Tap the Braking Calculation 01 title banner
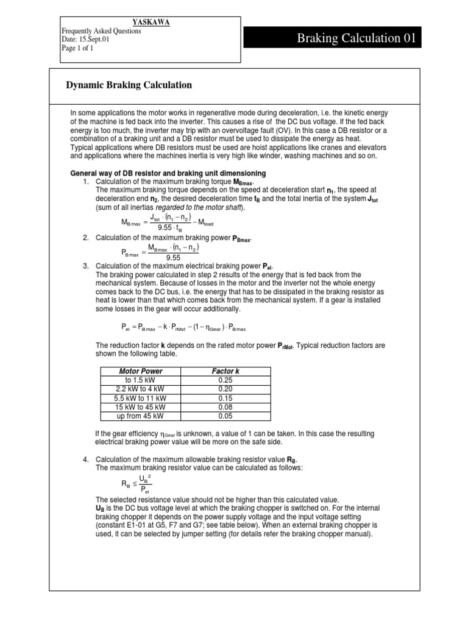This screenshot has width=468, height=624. point(356,39)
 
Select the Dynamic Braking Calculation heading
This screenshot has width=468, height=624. point(129,85)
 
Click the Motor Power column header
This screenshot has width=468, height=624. point(140,371)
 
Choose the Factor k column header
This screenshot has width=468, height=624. point(227,371)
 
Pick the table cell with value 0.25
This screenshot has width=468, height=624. point(227,380)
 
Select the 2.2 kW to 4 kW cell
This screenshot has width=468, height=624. point(140,389)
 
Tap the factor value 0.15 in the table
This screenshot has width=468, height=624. point(227,398)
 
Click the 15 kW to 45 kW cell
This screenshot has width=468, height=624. point(140,407)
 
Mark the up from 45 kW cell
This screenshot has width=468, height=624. point(140,416)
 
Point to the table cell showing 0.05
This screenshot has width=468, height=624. point(227,416)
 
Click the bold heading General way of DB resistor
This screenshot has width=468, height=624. point(168,174)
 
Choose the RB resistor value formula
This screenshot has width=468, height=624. point(136,484)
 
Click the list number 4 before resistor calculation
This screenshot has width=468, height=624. point(86,458)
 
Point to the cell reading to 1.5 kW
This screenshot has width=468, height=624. point(140,380)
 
